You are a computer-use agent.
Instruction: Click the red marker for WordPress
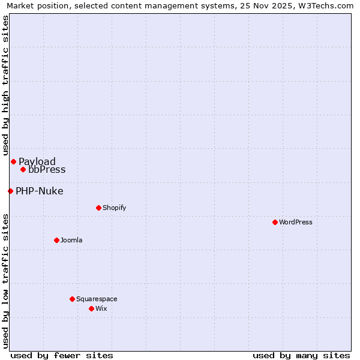click(275, 222)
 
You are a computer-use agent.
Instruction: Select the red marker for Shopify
click(98, 208)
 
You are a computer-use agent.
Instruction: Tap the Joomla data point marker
click(56, 240)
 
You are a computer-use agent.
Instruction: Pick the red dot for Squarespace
click(72, 299)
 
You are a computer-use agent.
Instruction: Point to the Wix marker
click(91, 308)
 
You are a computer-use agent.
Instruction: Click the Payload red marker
click(13, 161)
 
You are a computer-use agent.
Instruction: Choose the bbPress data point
click(23, 169)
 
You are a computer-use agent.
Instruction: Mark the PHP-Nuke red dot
click(10, 191)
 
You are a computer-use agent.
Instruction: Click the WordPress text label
click(296, 222)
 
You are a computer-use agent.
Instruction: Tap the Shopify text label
click(114, 208)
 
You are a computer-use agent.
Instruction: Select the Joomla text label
click(71, 240)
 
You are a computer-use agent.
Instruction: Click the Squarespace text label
click(97, 299)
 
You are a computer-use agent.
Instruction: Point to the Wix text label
click(101, 308)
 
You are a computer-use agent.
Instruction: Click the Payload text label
click(37, 161)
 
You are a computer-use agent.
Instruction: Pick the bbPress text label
click(47, 169)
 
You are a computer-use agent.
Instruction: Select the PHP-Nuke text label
click(39, 191)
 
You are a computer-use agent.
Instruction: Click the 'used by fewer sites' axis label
click(62, 355)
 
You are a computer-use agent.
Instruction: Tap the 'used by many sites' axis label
click(301, 355)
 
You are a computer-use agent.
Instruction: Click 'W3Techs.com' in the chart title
click(325, 6)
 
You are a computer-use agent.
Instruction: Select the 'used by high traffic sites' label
click(6, 85)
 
